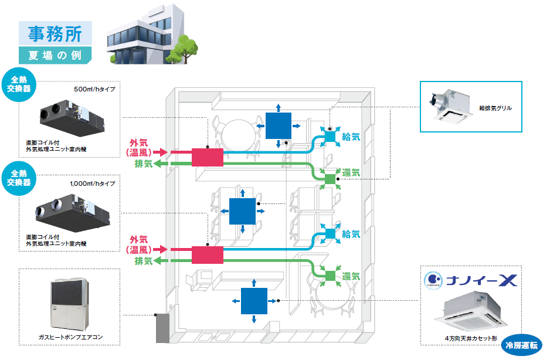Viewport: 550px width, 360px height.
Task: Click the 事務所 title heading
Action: click(55, 33)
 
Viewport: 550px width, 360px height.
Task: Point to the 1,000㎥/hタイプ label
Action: click(93, 184)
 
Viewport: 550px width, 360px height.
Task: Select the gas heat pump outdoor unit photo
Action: click(69, 303)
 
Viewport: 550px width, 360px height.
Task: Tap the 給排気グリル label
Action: click(495, 108)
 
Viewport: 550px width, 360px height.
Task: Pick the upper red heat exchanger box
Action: click(208, 157)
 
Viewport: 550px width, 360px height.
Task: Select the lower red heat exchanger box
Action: click(208, 254)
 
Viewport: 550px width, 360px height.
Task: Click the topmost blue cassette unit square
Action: click(278, 125)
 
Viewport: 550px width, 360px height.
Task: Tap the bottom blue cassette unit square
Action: click(253, 302)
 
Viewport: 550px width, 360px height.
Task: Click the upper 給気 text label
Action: click(351, 135)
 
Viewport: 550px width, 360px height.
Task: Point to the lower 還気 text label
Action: click(351, 275)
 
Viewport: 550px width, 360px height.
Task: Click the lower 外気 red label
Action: click(138, 239)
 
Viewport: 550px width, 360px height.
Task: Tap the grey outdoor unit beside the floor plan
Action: click(162, 328)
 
